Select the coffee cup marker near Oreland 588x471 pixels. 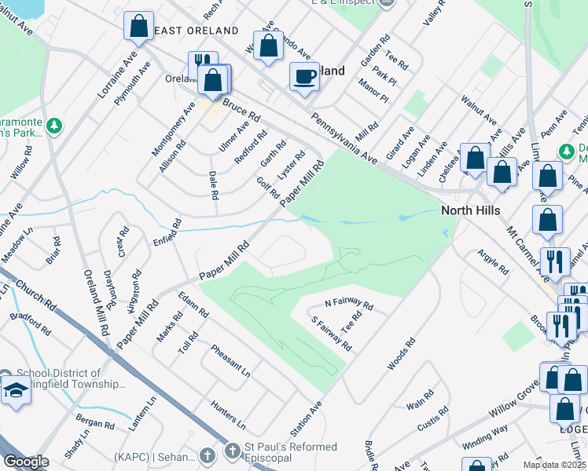tap(304, 77)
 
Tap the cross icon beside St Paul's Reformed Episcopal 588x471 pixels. tap(208, 455)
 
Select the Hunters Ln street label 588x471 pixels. tap(229, 414)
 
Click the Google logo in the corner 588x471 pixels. tap(26, 462)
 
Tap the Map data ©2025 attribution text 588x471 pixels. tap(554, 465)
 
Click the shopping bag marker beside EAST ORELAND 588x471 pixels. tap(138, 26)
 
